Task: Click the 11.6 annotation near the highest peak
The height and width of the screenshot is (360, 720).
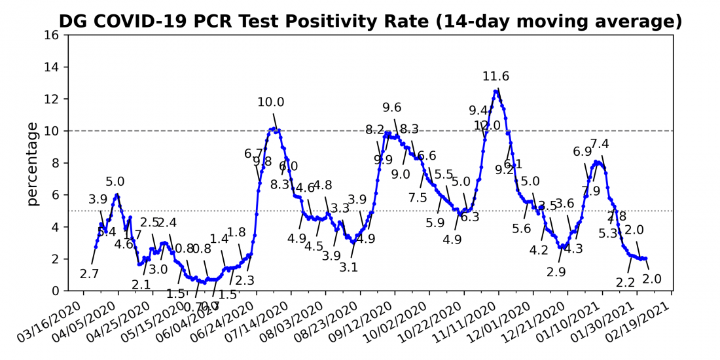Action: [496, 77]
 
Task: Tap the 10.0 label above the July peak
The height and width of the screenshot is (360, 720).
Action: [271, 102]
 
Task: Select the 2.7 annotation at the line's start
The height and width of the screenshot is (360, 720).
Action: [90, 274]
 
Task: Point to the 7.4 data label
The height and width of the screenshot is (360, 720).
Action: [600, 144]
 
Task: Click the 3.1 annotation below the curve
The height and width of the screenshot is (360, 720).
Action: [349, 267]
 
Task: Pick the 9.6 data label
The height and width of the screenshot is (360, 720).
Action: [392, 108]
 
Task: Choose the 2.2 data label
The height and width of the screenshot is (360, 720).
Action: [626, 283]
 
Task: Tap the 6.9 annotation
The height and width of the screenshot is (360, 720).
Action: [583, 152]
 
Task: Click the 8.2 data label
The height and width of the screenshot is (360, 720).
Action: [375, 130]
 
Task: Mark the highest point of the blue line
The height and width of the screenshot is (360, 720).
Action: [497, 91]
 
